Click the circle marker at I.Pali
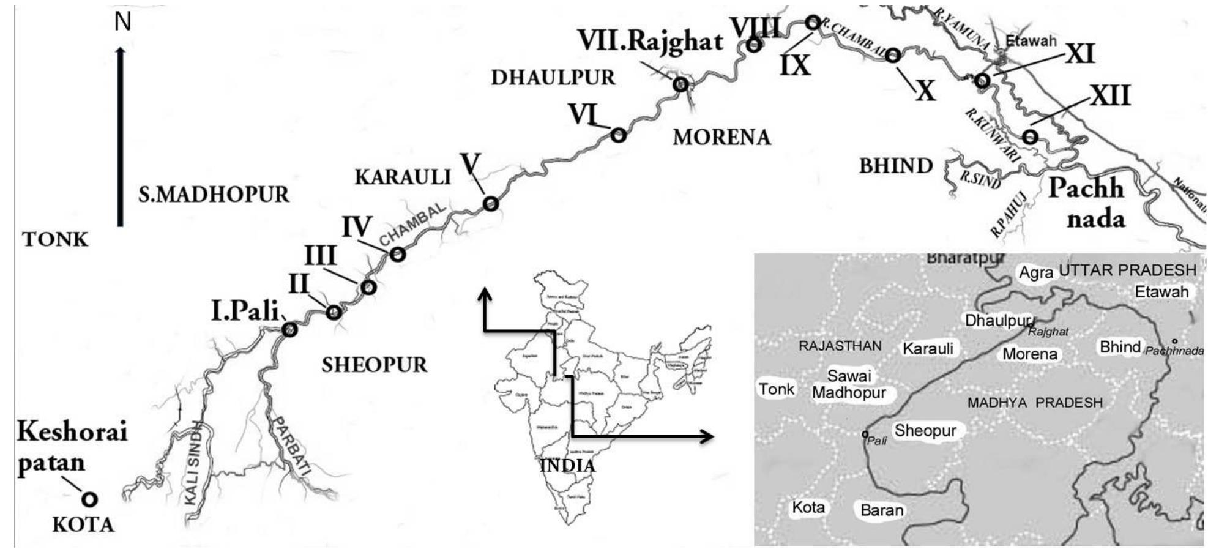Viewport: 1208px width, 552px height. [289, 329]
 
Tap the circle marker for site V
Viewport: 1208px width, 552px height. [491, 203]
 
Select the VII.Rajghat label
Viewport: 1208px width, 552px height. [651, 42]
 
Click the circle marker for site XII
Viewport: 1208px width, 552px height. [1031, 136]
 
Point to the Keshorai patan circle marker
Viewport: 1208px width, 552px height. [90, 499]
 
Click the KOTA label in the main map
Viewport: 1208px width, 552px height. [83, 525]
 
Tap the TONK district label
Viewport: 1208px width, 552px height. [55, 239]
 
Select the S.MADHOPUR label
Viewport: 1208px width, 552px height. [214, 195]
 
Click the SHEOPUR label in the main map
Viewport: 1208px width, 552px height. [374, 365]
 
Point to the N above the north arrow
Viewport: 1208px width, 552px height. [123, 22]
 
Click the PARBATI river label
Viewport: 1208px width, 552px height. [291, 446]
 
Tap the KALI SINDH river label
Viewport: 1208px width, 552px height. [193, 463]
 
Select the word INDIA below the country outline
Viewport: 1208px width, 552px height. [567, 466]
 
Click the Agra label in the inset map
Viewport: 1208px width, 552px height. [1035, 272]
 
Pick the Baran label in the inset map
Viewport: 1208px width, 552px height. [881, 510]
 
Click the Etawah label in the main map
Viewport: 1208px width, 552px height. [1031, 41]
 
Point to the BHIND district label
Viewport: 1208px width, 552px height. [896, 166]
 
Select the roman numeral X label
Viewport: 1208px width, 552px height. [925, 91]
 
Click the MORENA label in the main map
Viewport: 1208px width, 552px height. [721, 137]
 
